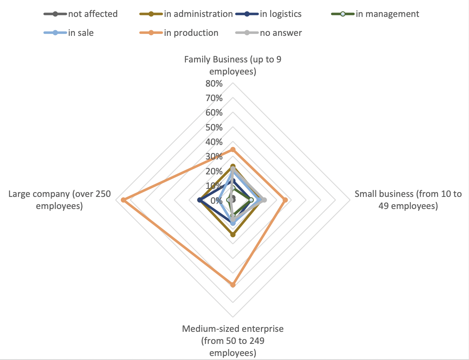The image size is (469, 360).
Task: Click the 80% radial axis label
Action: point(214,84)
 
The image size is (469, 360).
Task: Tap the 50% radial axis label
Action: point(214,127)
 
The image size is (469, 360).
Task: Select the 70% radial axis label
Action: point(214,98)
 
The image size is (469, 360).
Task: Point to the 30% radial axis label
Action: point(214,157)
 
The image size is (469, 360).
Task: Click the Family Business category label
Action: point(232,66)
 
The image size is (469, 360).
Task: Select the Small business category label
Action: point(408,200)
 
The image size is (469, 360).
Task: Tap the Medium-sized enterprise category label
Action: point(232,341)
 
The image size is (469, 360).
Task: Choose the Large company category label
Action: point(60,200)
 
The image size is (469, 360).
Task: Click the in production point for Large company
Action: point(123,200)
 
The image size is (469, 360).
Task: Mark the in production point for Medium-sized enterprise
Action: point(232,285)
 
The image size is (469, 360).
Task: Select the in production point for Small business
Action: point(285,200)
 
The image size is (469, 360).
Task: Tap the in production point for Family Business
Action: point(232,149)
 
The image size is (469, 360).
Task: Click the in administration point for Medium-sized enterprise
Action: point(232,234)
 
